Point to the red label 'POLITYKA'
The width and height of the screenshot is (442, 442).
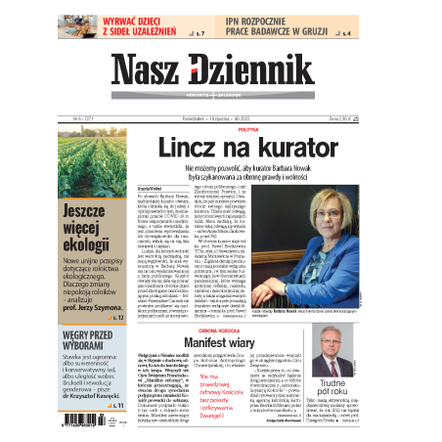tap(247, 129)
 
